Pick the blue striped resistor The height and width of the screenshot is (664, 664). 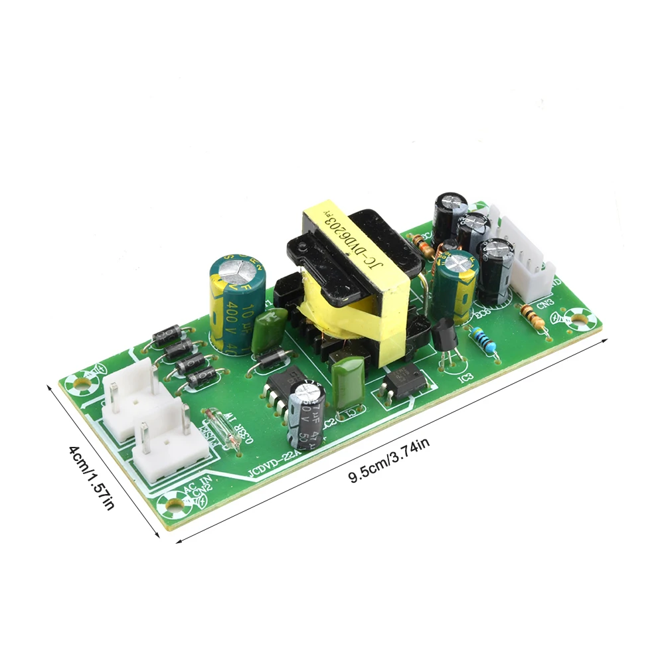tap(484, 344)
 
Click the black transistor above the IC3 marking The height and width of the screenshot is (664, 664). tap(444, 334)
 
